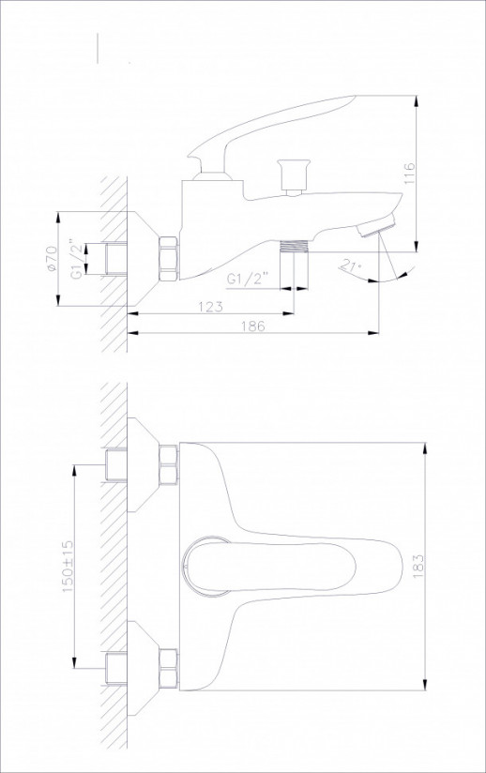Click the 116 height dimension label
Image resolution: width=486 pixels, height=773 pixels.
pyautogui.click(x=410, y=173)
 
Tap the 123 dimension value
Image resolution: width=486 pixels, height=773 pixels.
pyautogui.click(x=210, y=306)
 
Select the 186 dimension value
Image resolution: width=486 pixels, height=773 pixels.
pyautogui.click(x=253, y=326)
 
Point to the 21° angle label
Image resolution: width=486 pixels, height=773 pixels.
pyautogui.click(x=351, y=266)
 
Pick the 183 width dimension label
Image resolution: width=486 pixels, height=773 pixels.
pyautogui.click(x=418, y=566)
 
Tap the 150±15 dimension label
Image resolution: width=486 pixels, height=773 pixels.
pyautogui.click(x=68, y=566)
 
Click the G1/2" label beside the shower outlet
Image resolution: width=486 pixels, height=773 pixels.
pyautogui.click(x=248, y=279)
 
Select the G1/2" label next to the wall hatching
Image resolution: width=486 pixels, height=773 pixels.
pyautogui.click(x=76, y=259)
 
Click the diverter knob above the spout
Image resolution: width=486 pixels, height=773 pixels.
pyautogui.click(x=295, y=177)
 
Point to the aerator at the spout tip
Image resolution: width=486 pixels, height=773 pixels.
pyautogui.click(x=378, y=226)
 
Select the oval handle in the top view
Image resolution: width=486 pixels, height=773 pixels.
pyautogui.click(x=269, y=566)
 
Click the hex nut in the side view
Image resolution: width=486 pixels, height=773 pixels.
pyautogui.click(x=169, y=259)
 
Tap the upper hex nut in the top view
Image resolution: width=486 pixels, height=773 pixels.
pyautogui.click(x=169, y=464)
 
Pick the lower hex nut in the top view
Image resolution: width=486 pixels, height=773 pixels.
pyautogui.click(x=169, y=668)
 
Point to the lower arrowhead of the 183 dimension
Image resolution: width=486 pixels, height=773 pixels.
pyautogui.click(x=425, y=685)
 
